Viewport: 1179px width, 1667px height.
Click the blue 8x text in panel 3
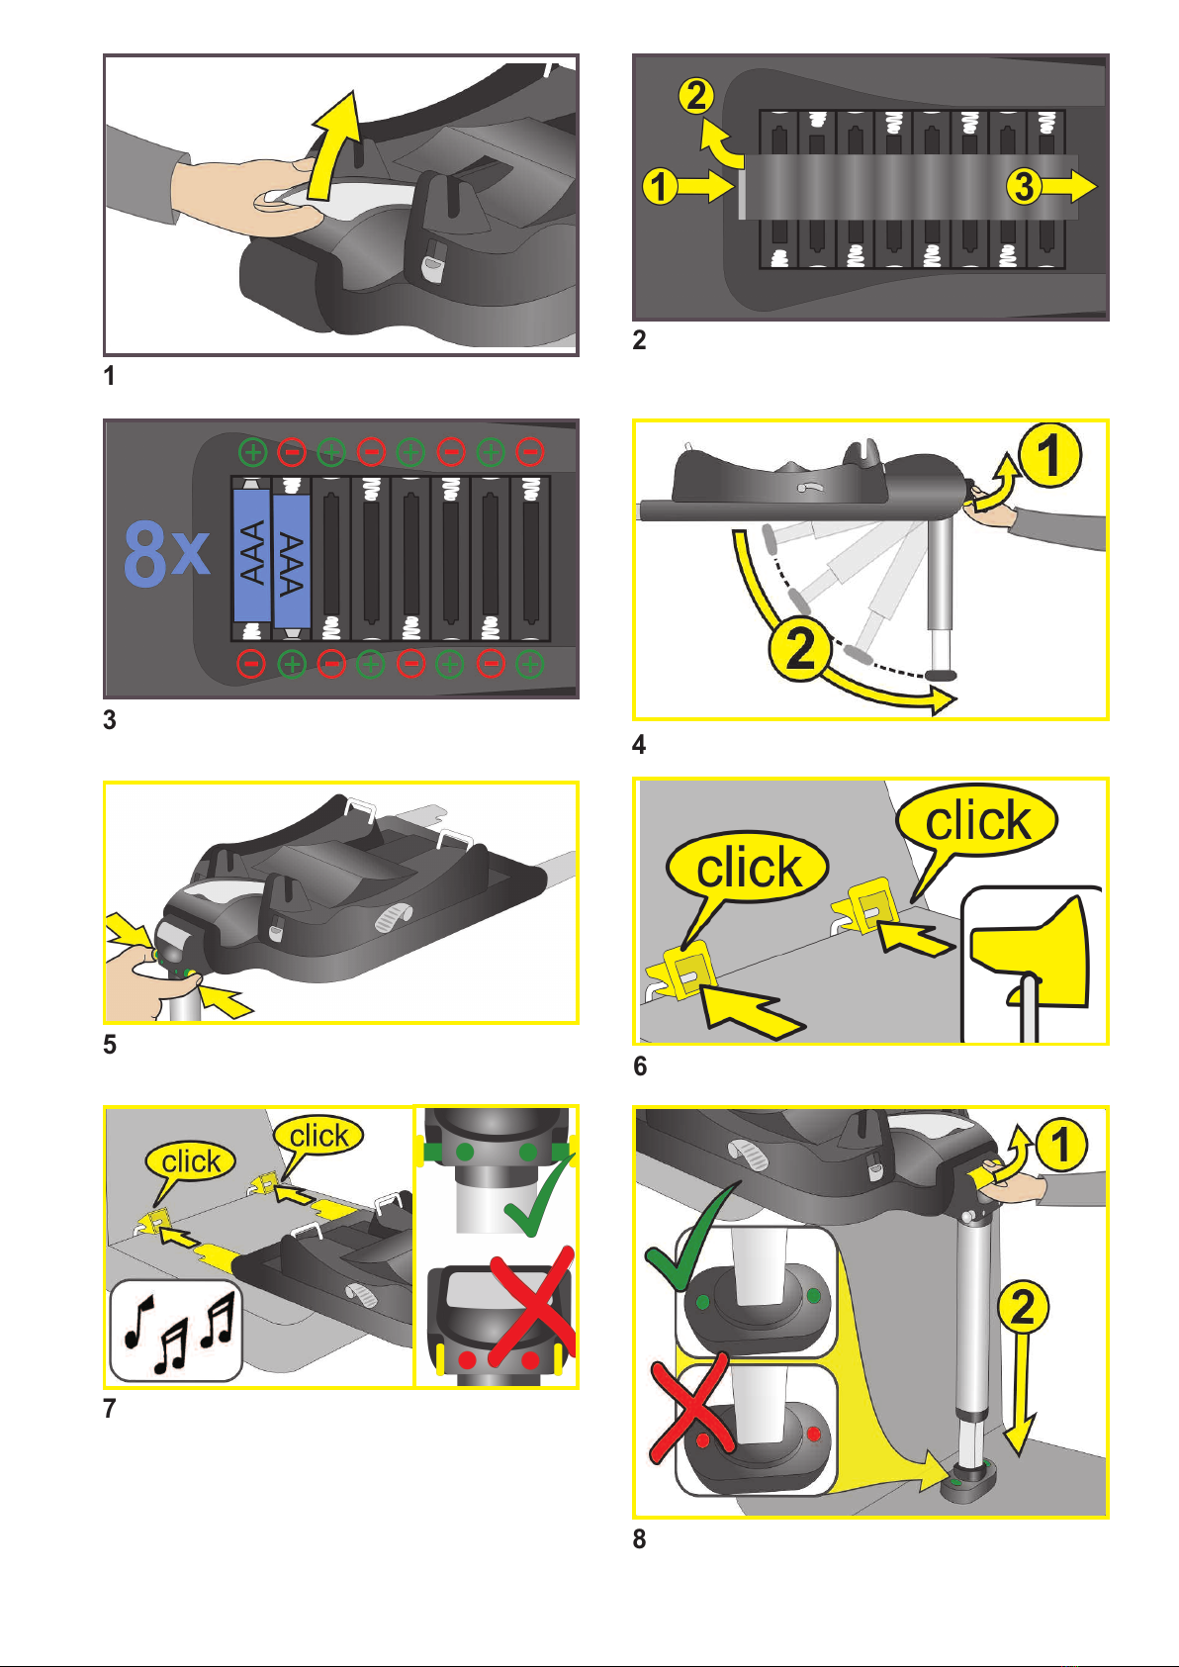166,554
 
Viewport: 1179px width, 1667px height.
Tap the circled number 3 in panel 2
1024,185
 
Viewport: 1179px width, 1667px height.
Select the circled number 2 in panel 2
696,96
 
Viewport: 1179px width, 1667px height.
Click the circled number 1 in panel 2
660,186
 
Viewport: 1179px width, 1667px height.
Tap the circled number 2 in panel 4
800,649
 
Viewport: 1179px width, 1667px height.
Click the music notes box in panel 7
175,1330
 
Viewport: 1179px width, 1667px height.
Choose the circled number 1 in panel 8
1062,1145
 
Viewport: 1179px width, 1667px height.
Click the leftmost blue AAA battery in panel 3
252,555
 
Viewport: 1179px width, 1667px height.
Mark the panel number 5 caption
110,1045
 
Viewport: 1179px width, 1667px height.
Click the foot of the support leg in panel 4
941,675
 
